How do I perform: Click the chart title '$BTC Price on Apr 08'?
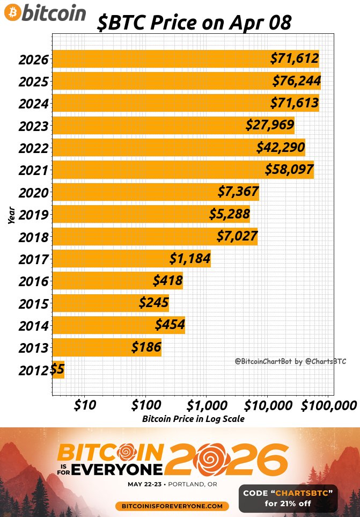tap(195, 23)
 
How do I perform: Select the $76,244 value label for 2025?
tap(296, 81)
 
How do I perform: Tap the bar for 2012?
tap(58, 369)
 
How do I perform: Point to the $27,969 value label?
tap(270, 125)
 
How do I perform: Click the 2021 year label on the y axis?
tap(33, 171)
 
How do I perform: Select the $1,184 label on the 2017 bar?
tap(189, 258)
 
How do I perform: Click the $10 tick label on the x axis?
tap(85, 404)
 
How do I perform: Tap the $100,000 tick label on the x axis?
tap(328, 404)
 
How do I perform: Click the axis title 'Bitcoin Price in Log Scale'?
tap(193, 419)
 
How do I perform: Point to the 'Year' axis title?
tap(11, 215)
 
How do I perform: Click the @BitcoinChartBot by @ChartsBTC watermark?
tap(290, 362)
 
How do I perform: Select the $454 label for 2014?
tap(170, 325)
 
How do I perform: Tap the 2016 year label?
tap(33, 281)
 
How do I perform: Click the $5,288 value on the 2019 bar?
tap(229, 214)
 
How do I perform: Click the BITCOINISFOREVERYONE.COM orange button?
tap(172, 506)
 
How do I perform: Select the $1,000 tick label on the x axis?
tap(205, 404)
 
